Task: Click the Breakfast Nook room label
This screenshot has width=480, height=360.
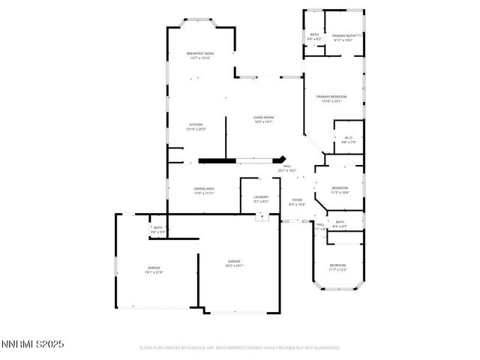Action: [x=200, y=55]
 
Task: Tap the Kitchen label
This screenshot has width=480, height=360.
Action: [x=196, y=126]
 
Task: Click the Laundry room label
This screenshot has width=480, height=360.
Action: [x=260, y=199]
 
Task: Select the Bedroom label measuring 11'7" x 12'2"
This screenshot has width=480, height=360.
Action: [x=337, y=267]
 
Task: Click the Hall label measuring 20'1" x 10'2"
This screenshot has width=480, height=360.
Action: [x=286, y=168]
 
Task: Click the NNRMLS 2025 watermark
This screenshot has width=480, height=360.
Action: [x=33, y=344]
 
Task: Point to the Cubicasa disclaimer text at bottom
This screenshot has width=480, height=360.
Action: [x=240, y=348]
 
